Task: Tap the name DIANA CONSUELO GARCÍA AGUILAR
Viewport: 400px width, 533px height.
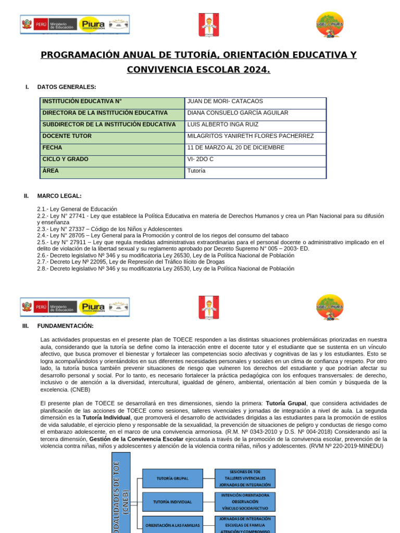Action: [238, 113]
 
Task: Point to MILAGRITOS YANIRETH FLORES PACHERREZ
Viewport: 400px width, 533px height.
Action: [251, 136]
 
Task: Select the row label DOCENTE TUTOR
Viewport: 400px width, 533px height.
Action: [67, 136]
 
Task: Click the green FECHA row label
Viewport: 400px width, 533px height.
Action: [52, 148]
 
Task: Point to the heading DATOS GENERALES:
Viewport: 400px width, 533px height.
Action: [67, 87]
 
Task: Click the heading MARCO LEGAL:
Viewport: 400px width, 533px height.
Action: [59, 196]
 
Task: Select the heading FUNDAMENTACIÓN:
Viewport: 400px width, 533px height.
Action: [66, 326]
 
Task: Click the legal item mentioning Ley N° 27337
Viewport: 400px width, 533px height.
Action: [110, 229]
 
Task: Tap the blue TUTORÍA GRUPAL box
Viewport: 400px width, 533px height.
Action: [172, 478]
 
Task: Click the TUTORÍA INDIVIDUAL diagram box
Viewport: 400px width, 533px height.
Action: [172, 502]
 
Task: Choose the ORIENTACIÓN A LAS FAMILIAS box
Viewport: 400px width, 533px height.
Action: [172, 525]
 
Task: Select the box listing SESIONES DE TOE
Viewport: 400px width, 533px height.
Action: [245, 478]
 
